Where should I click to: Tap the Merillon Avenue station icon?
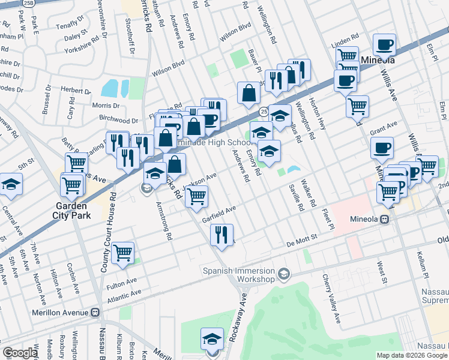tap(95, 313)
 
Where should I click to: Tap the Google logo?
tap(19, 353)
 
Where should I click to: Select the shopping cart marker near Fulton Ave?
tap(122, 253)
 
